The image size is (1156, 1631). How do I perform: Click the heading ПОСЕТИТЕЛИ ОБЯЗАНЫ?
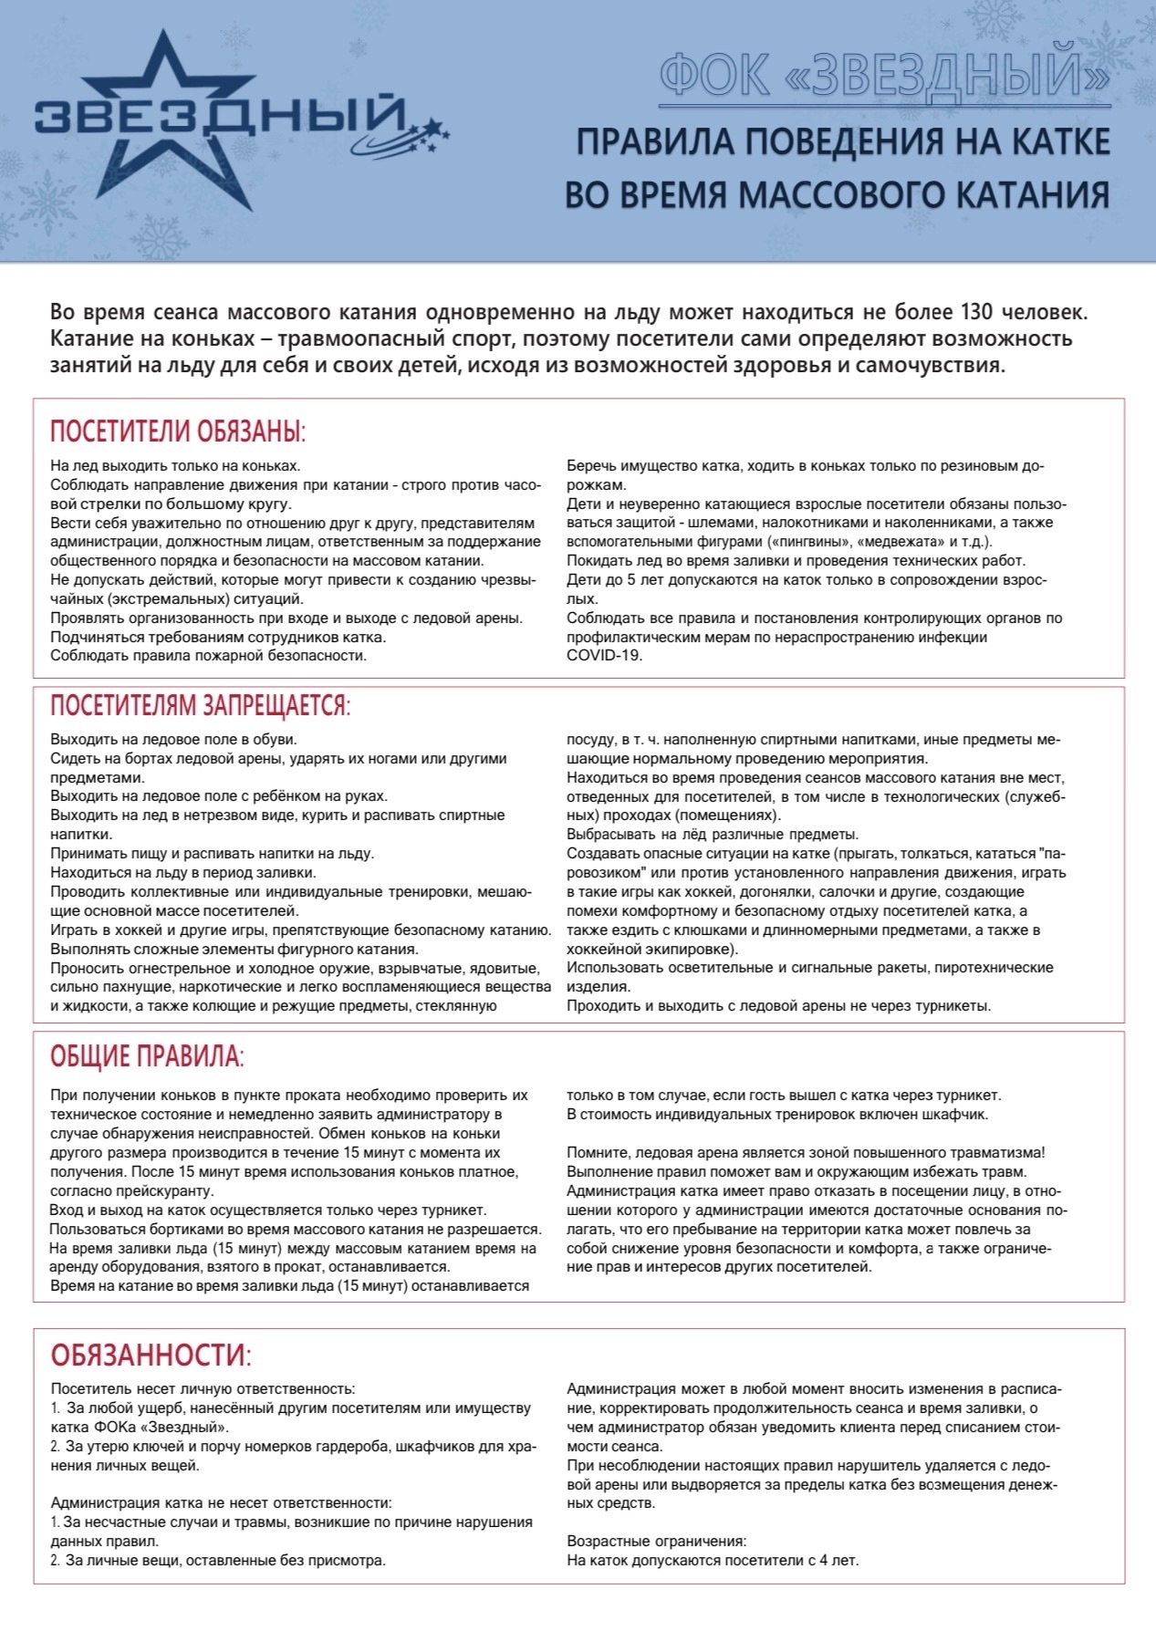click(177, 431)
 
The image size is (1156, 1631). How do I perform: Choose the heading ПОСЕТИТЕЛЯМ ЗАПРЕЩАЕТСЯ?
click(200, 705)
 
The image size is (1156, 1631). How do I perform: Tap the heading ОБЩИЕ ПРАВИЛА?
click(147, 1057)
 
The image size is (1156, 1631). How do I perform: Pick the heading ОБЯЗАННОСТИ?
click(151, 1355)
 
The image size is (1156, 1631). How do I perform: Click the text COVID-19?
click(604, 655)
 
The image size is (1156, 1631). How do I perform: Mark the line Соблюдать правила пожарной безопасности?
click(208, 655)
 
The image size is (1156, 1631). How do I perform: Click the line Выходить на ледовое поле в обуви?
click(173, 739)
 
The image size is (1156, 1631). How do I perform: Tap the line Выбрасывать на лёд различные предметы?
click(712, 834)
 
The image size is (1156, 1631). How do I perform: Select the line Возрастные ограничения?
click(656, 1541)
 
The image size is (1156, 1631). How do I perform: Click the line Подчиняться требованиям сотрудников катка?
click(218, 637)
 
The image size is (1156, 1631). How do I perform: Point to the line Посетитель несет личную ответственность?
click(203, 1388)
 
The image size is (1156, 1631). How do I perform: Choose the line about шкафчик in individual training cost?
click(777, 1114)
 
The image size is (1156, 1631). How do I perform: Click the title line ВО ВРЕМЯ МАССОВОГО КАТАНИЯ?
click(837, 195)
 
